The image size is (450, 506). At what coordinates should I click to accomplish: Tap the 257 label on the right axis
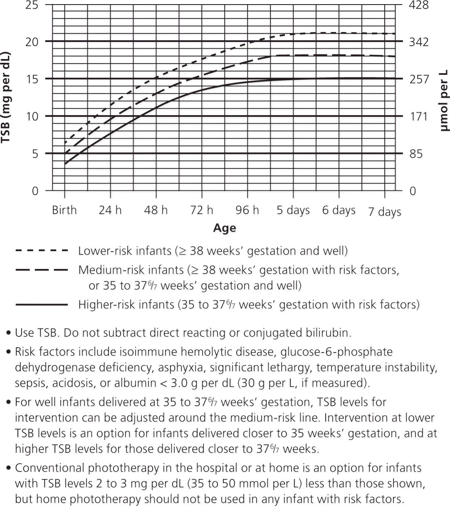click(419, 79)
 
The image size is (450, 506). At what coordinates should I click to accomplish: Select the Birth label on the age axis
click(64, 210)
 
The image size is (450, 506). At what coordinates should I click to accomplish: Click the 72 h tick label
click(202, 210)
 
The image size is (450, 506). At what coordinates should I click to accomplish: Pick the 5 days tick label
click(293, 210)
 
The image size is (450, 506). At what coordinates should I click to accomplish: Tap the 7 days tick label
click(385, 212)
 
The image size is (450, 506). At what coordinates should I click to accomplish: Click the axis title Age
click(225, 228)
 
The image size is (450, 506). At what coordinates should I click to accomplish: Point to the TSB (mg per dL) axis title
click(6, 97)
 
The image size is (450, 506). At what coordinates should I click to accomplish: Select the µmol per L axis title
click(443, 100)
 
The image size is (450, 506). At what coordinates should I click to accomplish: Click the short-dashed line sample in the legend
click(41, 251)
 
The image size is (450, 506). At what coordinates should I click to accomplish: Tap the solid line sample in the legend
click(41, 305)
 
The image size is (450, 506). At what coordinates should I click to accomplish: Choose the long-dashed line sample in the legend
click(41, 270)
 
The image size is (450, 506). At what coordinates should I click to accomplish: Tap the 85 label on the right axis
click(416, 154)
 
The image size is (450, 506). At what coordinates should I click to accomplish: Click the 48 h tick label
click(156, 210)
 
